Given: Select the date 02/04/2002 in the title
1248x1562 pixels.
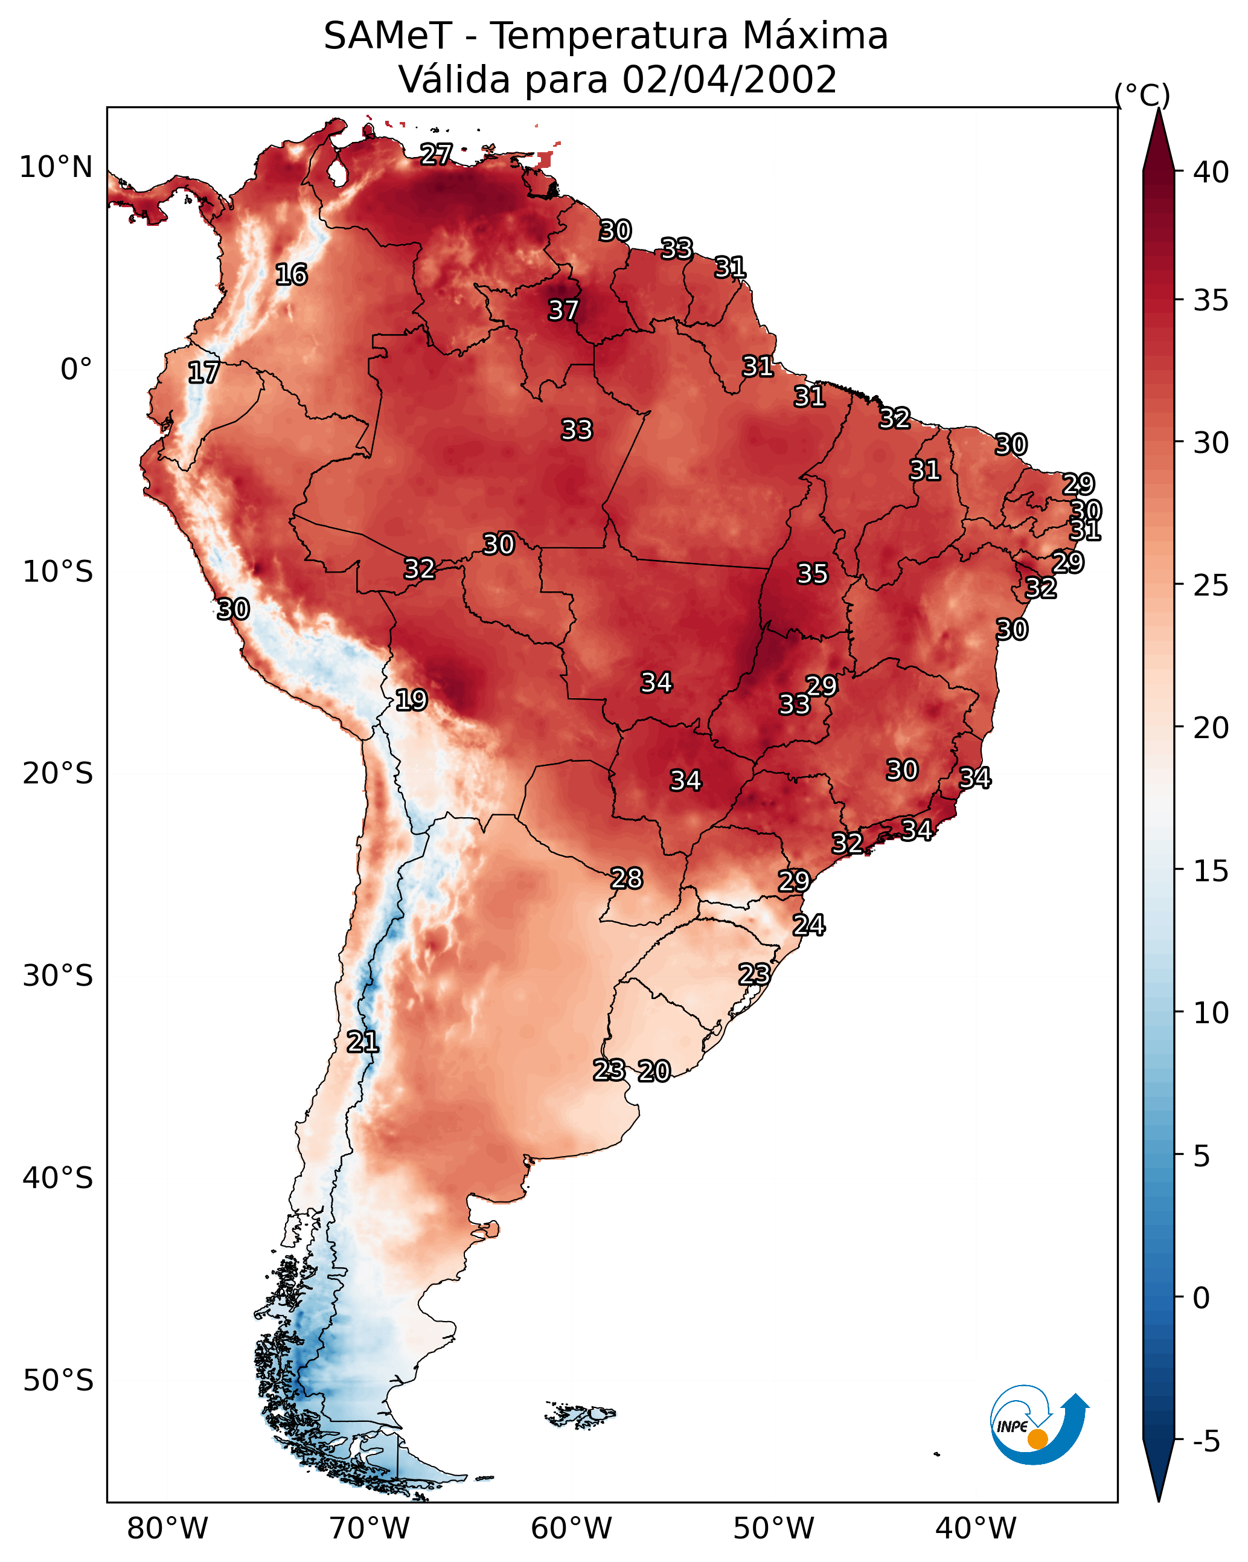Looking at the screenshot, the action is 729,80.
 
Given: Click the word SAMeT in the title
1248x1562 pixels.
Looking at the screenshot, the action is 388,36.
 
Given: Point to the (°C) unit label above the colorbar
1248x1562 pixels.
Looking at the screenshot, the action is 1142,95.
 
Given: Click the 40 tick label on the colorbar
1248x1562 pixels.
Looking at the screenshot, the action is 1211,172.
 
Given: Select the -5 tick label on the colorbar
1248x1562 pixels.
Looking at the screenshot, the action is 1207,1442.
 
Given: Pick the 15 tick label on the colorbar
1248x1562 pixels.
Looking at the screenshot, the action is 1211,871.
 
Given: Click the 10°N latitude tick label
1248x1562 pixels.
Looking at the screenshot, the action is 56,167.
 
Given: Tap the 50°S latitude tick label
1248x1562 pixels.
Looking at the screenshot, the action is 58,1381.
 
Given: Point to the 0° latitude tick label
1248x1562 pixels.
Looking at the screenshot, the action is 77,370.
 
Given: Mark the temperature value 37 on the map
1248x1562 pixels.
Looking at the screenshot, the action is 563,310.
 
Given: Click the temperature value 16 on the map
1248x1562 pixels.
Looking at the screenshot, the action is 291,275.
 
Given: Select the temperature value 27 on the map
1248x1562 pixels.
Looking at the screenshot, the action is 436,154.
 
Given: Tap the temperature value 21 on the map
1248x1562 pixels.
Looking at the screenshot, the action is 362,1043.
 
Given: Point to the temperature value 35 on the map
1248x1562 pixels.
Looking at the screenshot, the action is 812,574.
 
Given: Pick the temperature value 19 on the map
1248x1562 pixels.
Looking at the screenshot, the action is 411,700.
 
